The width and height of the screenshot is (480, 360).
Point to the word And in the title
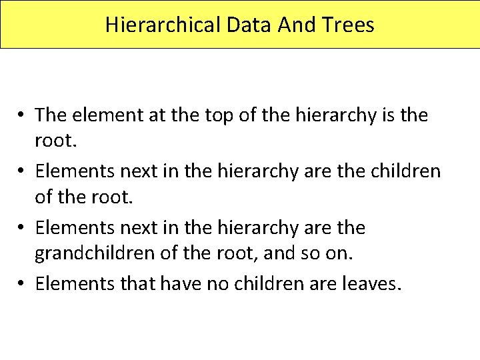click(292, 25)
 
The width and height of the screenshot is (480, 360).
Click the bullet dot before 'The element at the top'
click(22, 115)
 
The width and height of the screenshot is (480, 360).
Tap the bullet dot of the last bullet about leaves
click(22, 285)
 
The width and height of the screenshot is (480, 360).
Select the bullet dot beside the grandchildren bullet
click(22, 228)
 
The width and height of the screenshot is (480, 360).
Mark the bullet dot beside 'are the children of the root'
click(22, 172)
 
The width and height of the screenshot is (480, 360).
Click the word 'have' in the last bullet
click(167, 284)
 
